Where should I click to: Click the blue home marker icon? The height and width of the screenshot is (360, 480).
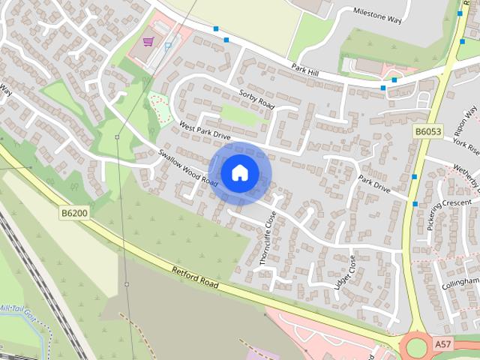[x=239, y=173]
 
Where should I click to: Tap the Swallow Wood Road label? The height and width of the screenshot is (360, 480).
[x=188, y=169]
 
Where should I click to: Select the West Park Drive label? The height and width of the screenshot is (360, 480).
[x=204, y=130]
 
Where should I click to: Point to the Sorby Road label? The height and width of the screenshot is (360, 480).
[x=257, y=101]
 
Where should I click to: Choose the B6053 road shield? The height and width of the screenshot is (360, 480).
[x=428, y=131]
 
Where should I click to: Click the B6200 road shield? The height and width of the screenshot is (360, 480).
[x=73, y=214]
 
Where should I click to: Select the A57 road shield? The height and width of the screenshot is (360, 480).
[x=444, y=343]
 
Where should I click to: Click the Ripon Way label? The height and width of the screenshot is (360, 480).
[x=469, y=120]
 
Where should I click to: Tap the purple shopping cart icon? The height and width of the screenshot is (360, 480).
[x=148, y=41]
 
